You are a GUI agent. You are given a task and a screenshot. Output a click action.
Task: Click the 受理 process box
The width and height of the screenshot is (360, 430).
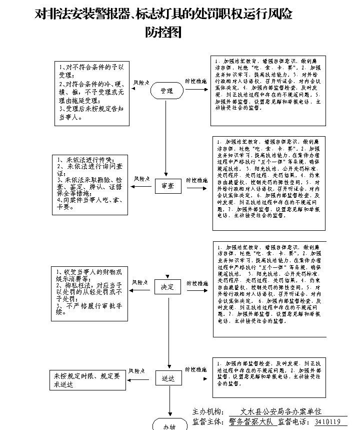[166, 91]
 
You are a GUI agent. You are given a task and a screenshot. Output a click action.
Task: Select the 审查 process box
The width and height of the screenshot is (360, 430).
[167, 186]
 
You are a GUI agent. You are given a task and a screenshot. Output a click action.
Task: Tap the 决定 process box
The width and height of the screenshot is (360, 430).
[167, 287]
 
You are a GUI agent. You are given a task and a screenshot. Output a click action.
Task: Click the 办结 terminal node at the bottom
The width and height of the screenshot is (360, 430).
[169, 425]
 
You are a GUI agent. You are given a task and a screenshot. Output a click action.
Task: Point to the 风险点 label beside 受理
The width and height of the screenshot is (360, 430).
[141, 83]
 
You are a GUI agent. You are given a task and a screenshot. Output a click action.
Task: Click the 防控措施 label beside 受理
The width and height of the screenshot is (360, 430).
[195, 81]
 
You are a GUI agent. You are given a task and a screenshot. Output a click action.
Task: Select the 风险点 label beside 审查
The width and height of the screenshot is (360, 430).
[142, 179]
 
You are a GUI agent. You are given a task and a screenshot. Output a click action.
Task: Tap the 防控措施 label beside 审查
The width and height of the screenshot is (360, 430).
[197, 180]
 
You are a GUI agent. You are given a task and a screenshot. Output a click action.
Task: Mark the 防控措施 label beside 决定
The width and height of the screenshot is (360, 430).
[197, 283]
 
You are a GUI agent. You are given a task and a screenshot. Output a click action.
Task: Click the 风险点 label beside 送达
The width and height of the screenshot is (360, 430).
[137, 371]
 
